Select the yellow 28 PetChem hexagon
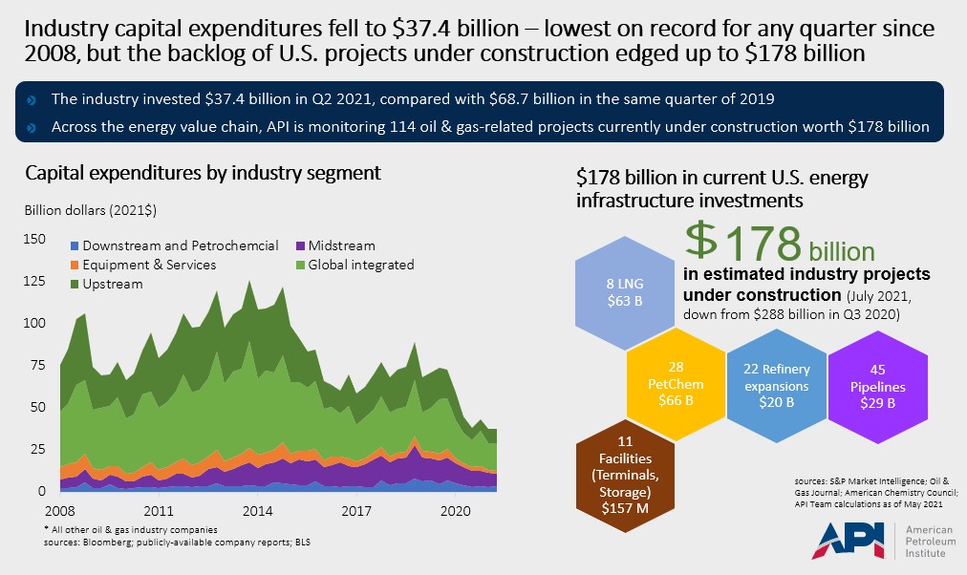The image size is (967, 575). click(681, 385)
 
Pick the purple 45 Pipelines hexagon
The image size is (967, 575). click(876, 385)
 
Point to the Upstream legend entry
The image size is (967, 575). click(112, 284)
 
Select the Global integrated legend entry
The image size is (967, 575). click(364, 265)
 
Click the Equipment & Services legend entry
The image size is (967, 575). click(149, 265)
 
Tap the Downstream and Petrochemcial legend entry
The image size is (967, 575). click(181, 245)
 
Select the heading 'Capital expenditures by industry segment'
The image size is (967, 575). click(204, 174)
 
